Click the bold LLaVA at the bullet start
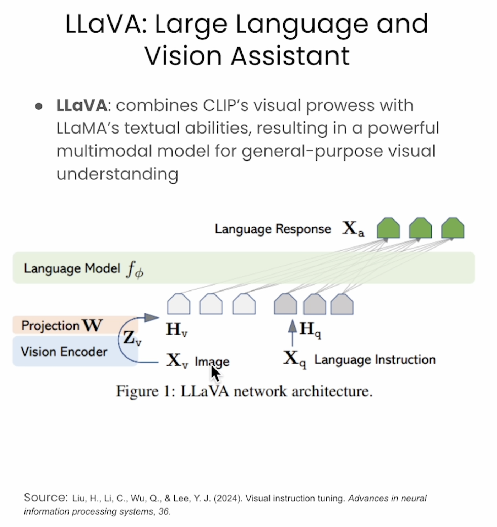pos(81,105)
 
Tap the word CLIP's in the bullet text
pos(225,105)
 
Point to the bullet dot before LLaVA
pos(39,106)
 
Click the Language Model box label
pos(72,268)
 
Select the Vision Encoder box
pos(64,352)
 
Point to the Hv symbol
pos(176,330)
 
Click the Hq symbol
pos(310,330)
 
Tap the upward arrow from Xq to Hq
pos(292,332)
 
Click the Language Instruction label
pos(375,360)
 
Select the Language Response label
pos(273,229)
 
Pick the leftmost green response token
pos(388,228)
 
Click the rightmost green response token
pos(453,228)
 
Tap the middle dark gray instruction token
pos(315,304)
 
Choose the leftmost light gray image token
pos(179,304)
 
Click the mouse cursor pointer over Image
pos(215,373)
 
